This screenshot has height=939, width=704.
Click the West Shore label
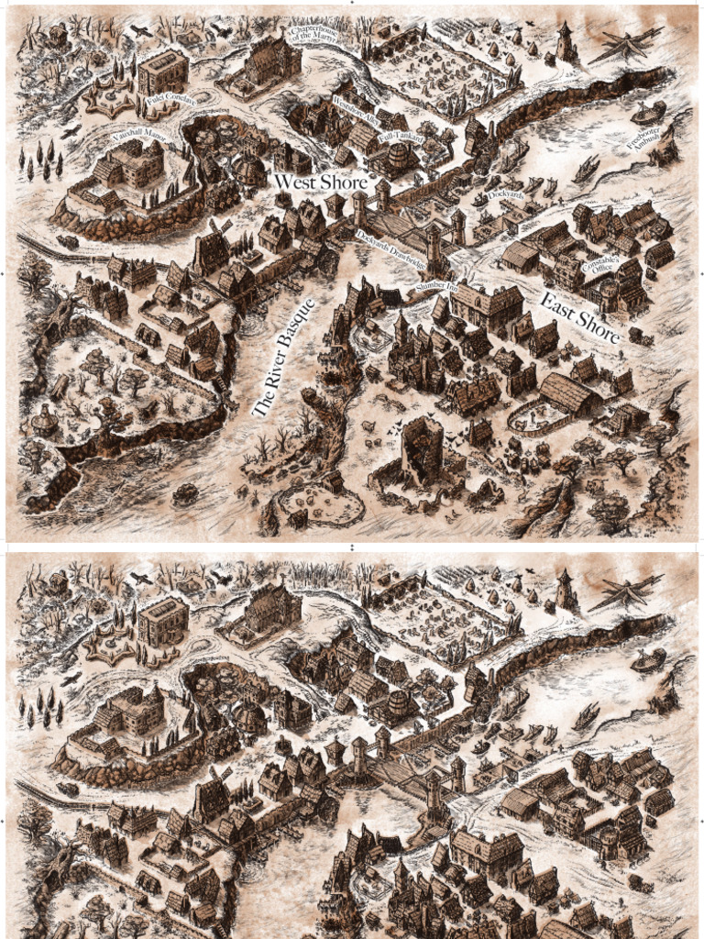[321, 182]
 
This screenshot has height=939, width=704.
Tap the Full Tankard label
[400, 136]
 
